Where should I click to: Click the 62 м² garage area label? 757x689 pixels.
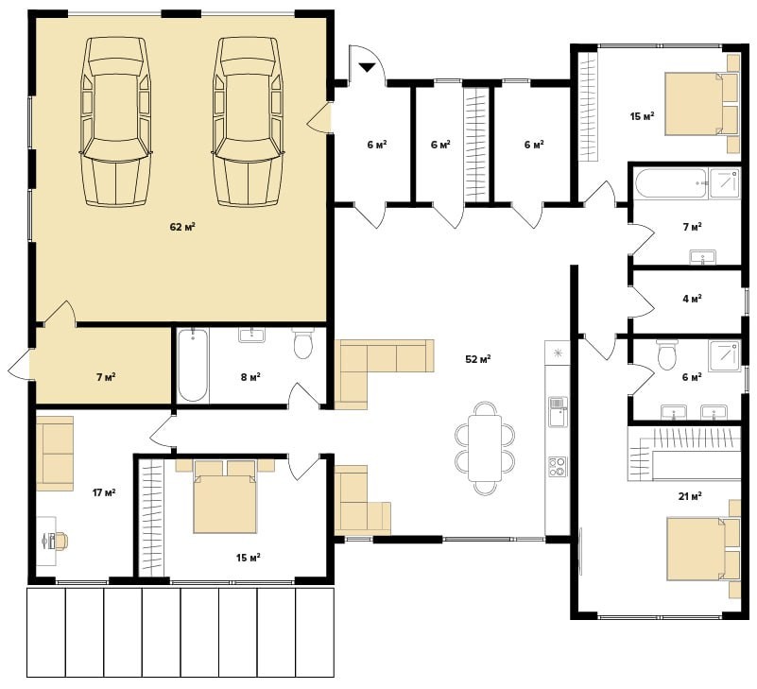tap(182, 227)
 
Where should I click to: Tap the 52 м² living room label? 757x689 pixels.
tap(478, 359)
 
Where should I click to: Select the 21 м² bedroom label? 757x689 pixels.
tap(690, 496)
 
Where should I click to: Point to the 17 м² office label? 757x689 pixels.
tap(104, 493)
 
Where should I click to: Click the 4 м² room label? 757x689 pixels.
tap(693, 299)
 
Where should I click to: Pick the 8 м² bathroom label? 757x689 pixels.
tap(250, 376)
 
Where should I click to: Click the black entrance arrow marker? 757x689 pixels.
tap(367, 68)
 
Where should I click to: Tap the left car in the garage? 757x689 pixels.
tap(116, 122)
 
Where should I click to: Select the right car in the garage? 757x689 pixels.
tap(248, 122)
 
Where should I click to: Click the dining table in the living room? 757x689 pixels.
tap(485, 448)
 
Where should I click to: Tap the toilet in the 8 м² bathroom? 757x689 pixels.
tap(303, 343)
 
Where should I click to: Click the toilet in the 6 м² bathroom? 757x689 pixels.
tap(667, 354)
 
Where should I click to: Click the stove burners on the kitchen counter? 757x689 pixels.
tap(558, 466)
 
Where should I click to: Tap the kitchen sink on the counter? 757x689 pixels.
tap(558, 412)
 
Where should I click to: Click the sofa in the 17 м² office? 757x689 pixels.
tap(55, 454)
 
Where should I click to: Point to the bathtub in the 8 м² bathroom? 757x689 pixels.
tap(193, 366)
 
